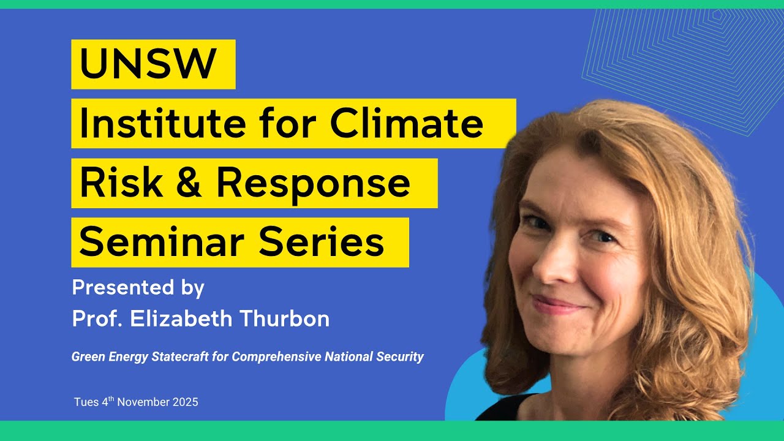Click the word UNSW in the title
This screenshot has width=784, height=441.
tap(148, 64)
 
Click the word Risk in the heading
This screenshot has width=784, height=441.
tap(121, 183)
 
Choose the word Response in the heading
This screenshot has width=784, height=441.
tap(313, 183)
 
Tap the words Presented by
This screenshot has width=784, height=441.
tap(138, 287)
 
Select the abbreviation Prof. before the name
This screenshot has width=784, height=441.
tap(97, 318)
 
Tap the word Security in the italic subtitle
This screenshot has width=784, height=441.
tap(400, 356)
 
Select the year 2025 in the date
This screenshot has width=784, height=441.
tap(185, 402)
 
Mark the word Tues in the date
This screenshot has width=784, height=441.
tap(85, 402)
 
